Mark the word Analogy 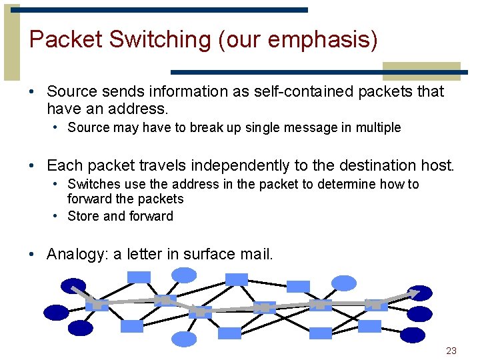tap(74, 254)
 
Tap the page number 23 tap(451, 351)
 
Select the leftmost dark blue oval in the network tap(57, 312)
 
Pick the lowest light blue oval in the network tap(184, 339)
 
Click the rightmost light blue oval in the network tap(344, 283)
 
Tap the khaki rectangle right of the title tap(421, 71)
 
